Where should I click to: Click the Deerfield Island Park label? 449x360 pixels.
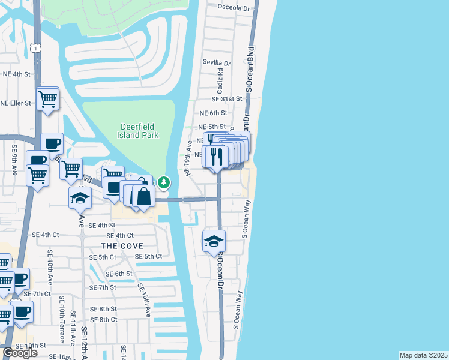(x=139, y=131)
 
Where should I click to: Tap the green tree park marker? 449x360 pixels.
(x=164, y=182)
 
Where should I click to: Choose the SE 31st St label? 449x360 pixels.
(x=226, y=99)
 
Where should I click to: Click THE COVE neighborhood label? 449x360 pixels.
(x=122, y=246)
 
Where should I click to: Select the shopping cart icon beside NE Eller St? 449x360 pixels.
(x=47, y=98)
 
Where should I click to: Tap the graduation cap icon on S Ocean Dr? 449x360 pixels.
(x=214, y=241)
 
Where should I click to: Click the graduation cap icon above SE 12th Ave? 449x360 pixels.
(x=80, y=197)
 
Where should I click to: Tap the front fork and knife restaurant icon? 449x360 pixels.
(x=215, y=157)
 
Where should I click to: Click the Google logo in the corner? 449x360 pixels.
(x=20, y=353)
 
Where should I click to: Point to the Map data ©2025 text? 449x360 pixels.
(x=423, y=355)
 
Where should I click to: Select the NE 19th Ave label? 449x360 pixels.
(x=188, y=158)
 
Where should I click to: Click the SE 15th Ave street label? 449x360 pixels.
(x=145, y=301)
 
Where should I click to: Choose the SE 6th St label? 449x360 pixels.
(x=119, y=274)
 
